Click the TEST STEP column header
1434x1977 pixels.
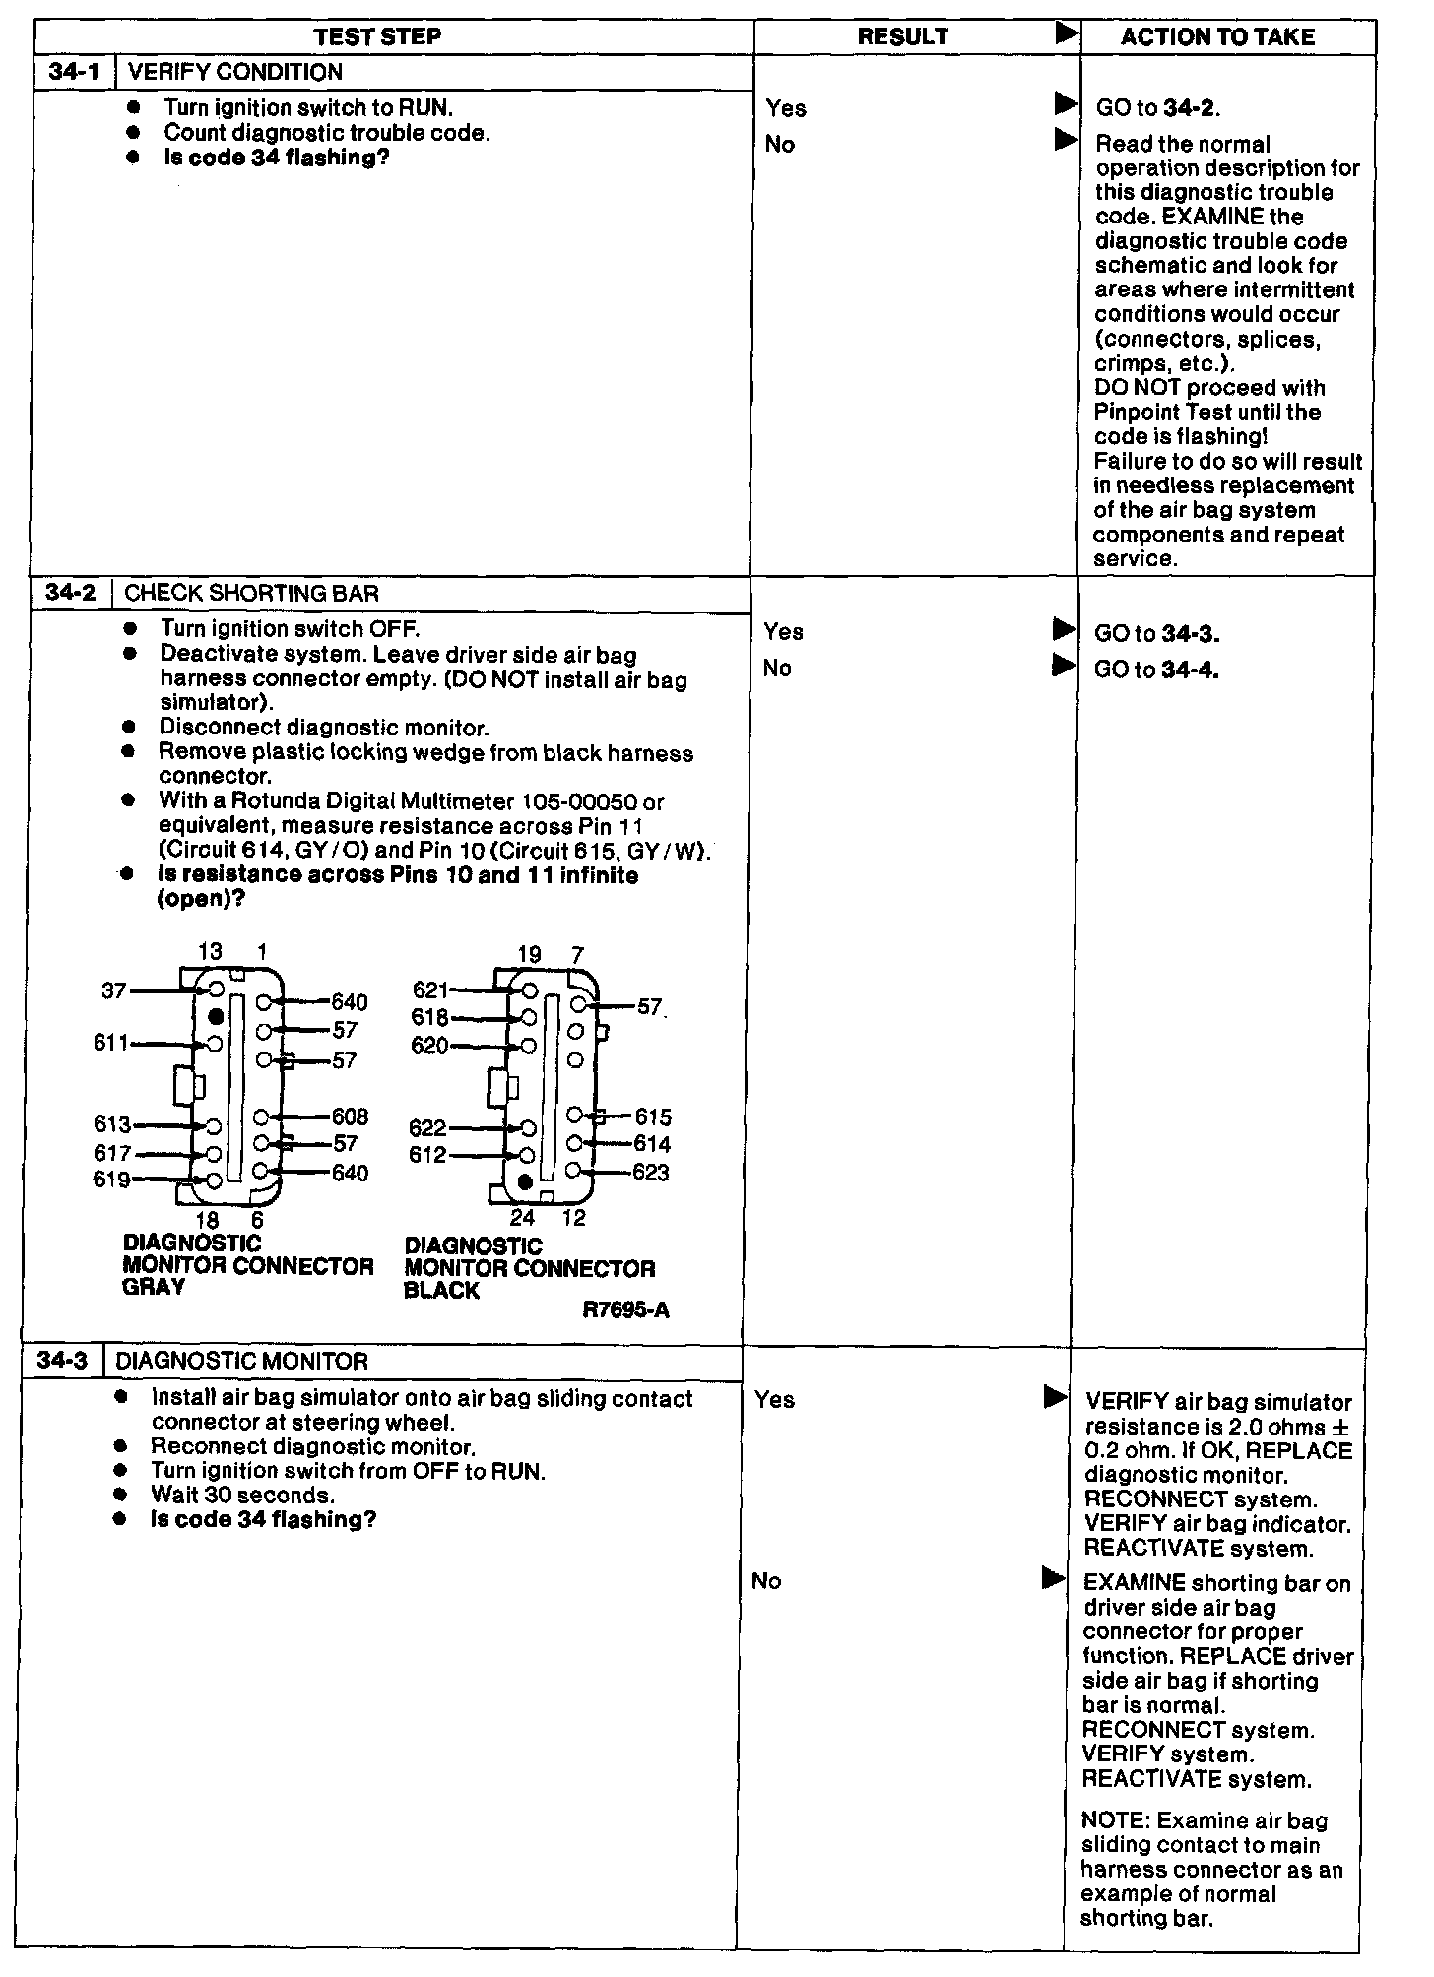tap(377, 37)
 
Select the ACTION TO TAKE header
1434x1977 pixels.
tap(1217, 37)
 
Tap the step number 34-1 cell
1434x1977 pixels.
tap(74, 72)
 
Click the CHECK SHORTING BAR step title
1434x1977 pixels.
tap(251, 594)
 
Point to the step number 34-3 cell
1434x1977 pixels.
tap(61, 1361)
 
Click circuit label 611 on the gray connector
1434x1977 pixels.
tap(110, 1043)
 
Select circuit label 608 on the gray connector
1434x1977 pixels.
tap(350, 1116)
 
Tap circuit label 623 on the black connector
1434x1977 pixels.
tap(651, 1173)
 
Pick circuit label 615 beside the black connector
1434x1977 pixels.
tap(653, 1117)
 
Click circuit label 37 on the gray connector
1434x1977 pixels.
tap(114, 990)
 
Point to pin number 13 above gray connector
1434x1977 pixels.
tap(210, 952)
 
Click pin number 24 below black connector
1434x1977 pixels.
tap(522, 1218)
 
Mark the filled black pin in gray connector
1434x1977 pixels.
tap(215, 1016)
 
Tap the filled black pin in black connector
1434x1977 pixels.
tap(525, 1180)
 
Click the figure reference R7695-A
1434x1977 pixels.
tap(625, 1310)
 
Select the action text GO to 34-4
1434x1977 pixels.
tap(1156, 670)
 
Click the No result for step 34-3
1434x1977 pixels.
tap(766, 1581)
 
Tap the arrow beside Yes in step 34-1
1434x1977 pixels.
tap(1066, 103)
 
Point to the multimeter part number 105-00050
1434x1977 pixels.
tap(580, 802)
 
